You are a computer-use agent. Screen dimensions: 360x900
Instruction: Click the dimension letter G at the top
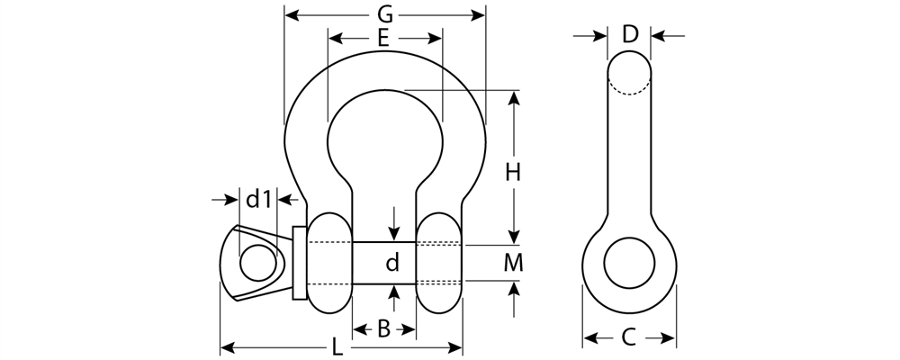coord(384,14)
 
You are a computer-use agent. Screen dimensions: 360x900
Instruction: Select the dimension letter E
coord(383,39)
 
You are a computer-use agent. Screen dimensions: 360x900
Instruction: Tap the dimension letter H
coord(513,172)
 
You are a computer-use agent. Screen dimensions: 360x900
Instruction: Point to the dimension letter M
coord(513,263)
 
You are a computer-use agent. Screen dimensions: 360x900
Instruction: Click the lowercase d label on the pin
coord(392,264)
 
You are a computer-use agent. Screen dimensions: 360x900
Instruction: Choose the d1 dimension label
coord(259,198)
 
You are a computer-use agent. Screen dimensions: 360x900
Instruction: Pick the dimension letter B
coord(383,330)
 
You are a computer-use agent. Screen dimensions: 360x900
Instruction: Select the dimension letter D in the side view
coord(630,35)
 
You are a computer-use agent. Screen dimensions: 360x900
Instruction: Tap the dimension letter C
coord(629,338)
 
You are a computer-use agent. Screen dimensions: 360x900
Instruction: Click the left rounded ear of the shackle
coord(329,263)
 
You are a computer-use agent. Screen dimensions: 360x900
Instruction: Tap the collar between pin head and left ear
coord(300,263)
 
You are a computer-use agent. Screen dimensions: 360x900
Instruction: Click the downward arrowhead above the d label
coord(393,235)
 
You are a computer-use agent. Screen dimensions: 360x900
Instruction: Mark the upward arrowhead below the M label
coord(513,290)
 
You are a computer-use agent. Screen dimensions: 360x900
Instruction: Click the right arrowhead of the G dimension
coord(479,15)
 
